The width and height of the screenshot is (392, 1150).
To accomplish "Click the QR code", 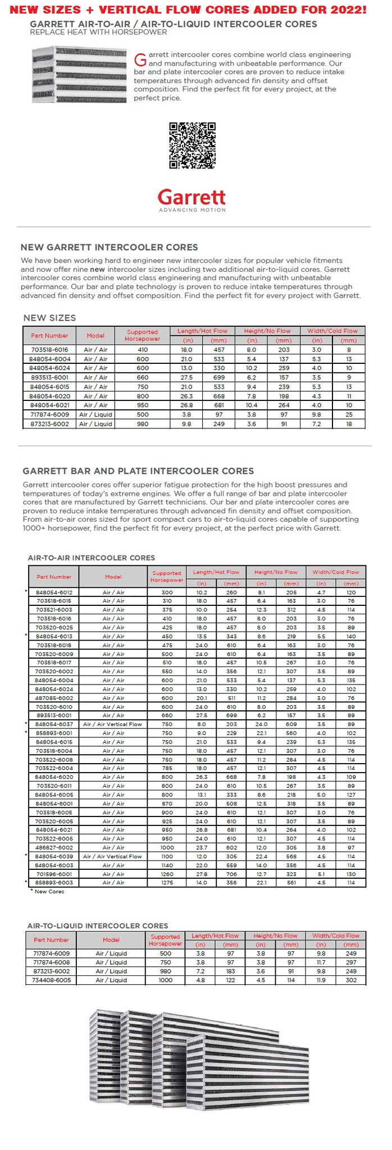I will (192, 145).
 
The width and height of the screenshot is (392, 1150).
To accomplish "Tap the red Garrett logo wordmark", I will (192, 197).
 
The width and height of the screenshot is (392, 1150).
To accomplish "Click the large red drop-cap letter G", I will (140, 59).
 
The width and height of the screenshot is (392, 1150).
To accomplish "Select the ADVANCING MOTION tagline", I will (192, 210).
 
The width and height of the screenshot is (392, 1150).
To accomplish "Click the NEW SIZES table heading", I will (49, 318).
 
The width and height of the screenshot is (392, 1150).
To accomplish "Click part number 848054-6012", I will (54, 592).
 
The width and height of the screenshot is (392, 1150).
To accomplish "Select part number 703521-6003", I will (54, 610).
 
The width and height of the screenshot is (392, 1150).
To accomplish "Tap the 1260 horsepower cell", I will (167, 874).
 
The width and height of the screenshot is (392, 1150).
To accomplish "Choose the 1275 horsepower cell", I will (167, 883).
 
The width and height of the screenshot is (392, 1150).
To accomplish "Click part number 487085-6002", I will (54, 698).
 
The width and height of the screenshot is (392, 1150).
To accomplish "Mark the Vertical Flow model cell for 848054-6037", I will (113, 724).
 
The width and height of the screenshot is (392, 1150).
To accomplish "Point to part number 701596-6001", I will (54, 874).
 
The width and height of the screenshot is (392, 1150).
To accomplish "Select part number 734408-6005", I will (51, 980).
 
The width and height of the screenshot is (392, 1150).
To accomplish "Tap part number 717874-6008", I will (51, 962).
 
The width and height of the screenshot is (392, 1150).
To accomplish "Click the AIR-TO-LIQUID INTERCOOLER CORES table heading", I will (98, 926).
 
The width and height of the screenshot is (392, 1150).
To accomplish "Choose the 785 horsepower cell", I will (167, 768).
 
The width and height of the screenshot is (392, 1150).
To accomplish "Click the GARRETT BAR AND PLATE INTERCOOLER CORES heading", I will (138, 471).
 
